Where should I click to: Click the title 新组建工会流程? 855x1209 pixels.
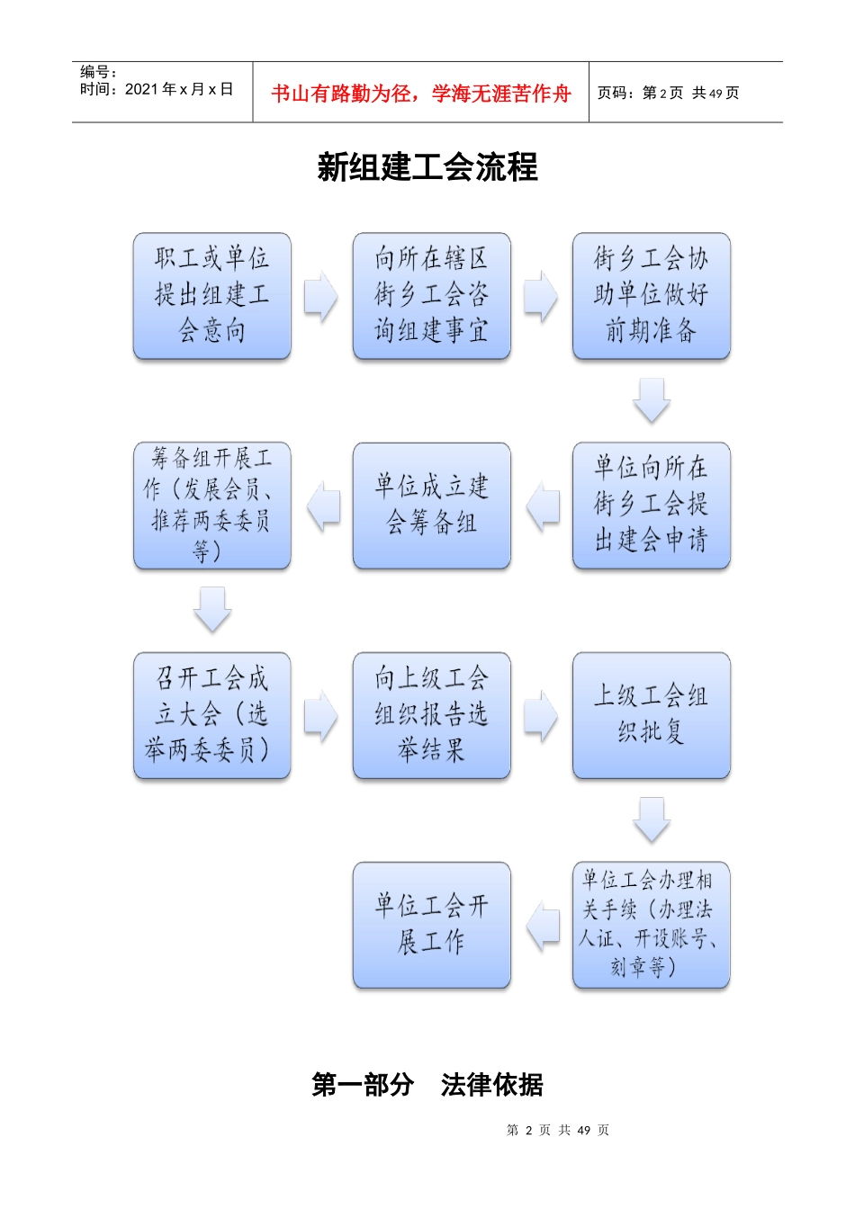(x=427, y=167)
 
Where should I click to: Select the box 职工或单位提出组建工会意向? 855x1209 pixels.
(x=212, y=296)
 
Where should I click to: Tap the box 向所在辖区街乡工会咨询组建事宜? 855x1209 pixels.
(x=432, y=296)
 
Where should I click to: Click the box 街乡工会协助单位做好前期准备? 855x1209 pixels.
(x=651, y=296)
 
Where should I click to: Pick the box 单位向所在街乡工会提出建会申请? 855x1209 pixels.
(x=651, y=505)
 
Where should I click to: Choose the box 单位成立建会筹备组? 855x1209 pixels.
(x=432, y=505)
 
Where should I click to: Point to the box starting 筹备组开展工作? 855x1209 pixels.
(x=212, y=505)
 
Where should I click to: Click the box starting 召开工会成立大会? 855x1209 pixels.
(x=212, y=715)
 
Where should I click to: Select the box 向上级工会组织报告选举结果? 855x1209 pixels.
(x=432, y=715)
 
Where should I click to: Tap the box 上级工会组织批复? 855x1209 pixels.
(x=651, y=715)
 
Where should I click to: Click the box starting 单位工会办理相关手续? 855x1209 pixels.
(x=651, y=925)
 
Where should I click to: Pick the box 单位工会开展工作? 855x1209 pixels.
(x=432, y=925)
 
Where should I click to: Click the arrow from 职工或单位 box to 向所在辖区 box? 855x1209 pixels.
(x=321, y=296)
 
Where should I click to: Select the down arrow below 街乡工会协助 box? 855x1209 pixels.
(x=652, y=400)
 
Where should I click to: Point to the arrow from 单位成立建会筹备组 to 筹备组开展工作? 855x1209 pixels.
(x=323, y=506)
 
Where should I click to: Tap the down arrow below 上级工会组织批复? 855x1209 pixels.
(x=652, y=819)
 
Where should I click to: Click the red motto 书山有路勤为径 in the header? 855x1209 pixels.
(x=420, y=94)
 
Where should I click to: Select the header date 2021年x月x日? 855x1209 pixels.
(x=157, y=89)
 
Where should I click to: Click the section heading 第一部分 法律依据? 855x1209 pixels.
(x=427, y=1085)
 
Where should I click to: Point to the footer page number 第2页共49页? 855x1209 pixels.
(x=558, y=1130)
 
